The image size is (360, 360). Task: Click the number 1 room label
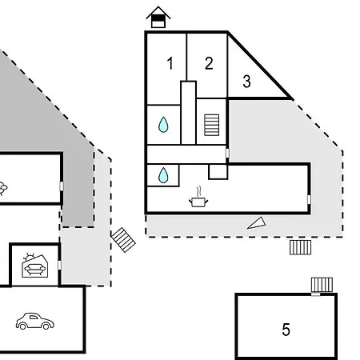tap(170, 63)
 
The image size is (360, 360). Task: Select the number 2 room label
tap(209, 63)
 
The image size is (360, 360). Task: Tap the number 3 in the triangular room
tap(246, 82)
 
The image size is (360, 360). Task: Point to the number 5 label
tap(286, 330)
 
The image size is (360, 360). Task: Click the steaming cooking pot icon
tap(198, 198)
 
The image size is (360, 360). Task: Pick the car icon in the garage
tap(35, 321)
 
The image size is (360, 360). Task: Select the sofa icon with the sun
tap(35, 266)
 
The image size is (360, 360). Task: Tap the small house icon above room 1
tap(158, 17)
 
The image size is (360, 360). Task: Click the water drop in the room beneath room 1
tap(163, 125)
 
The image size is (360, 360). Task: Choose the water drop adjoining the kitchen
tap(163, 175)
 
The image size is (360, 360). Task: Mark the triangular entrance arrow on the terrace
tap(257, 223)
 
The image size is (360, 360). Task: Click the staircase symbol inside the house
tap(212, 125)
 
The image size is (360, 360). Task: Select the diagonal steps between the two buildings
tap(123, 240)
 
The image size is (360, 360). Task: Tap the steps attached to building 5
tap(322, 285)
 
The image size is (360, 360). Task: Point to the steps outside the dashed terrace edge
tap(300, 247)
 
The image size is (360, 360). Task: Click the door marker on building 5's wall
tap(316, 294)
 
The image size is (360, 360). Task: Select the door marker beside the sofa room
tap(59, 265)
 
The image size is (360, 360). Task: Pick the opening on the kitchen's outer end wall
tap(309, 199)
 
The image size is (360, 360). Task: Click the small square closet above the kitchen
tap(218, 172)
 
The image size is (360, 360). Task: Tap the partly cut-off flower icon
tap(3, 189)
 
